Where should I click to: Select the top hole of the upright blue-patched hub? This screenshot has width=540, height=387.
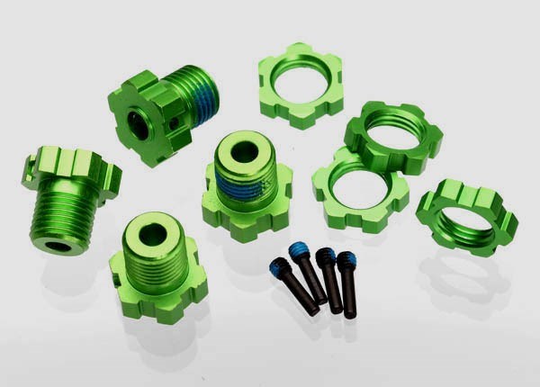(245, 151)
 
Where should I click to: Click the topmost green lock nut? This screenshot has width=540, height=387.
(301, 85)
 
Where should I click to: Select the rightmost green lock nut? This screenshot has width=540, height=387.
(467, 217)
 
